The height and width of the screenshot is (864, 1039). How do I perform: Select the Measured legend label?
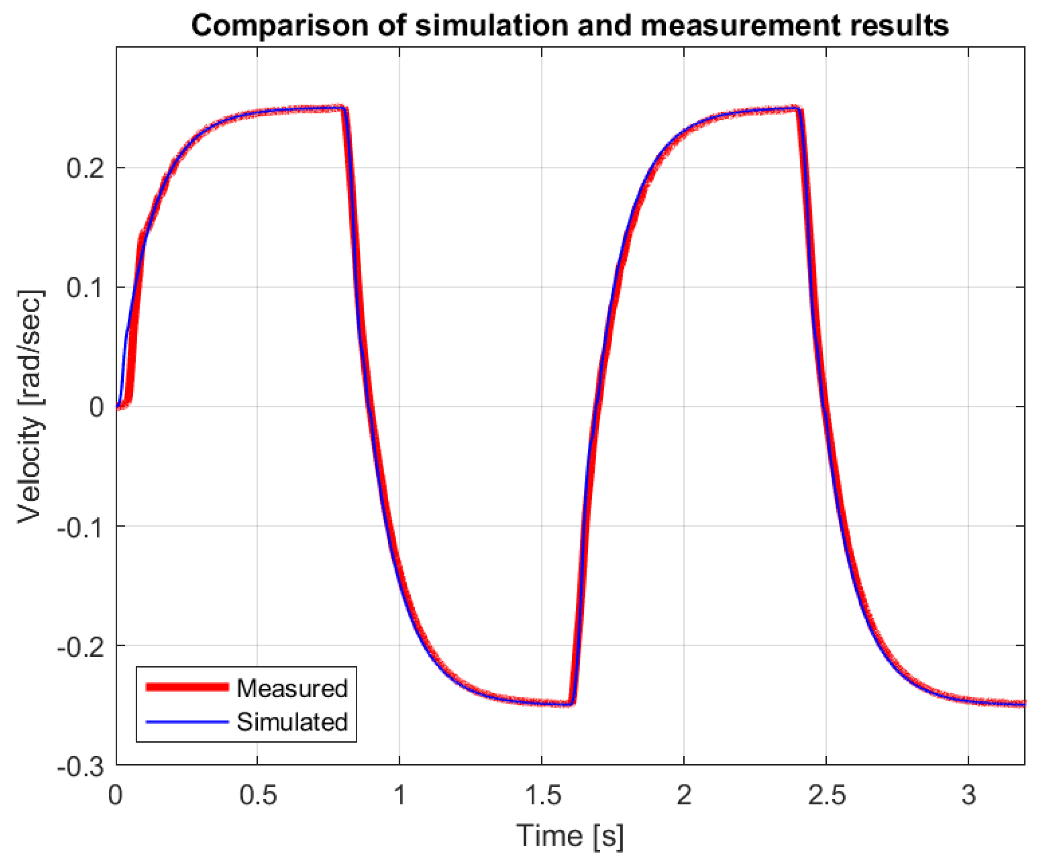[292, 689]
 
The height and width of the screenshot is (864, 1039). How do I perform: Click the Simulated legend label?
[292, 722]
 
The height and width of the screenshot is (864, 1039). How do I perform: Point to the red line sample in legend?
[187, 687]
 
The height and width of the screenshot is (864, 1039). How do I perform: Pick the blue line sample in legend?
[187, 721]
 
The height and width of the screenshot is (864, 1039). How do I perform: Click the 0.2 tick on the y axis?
[85, 168]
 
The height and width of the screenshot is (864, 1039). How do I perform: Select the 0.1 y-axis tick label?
[85, 287]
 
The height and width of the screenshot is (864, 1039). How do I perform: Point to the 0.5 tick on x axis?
[257, 795]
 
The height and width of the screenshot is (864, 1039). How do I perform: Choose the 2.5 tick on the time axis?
[826, 795]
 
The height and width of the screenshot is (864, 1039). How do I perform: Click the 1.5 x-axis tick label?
[542, 795]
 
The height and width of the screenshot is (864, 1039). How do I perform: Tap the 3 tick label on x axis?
[968, 795]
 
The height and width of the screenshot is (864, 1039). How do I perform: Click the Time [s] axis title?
[570, 836]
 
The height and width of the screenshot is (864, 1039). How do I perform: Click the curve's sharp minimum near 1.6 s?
[572, 704]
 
